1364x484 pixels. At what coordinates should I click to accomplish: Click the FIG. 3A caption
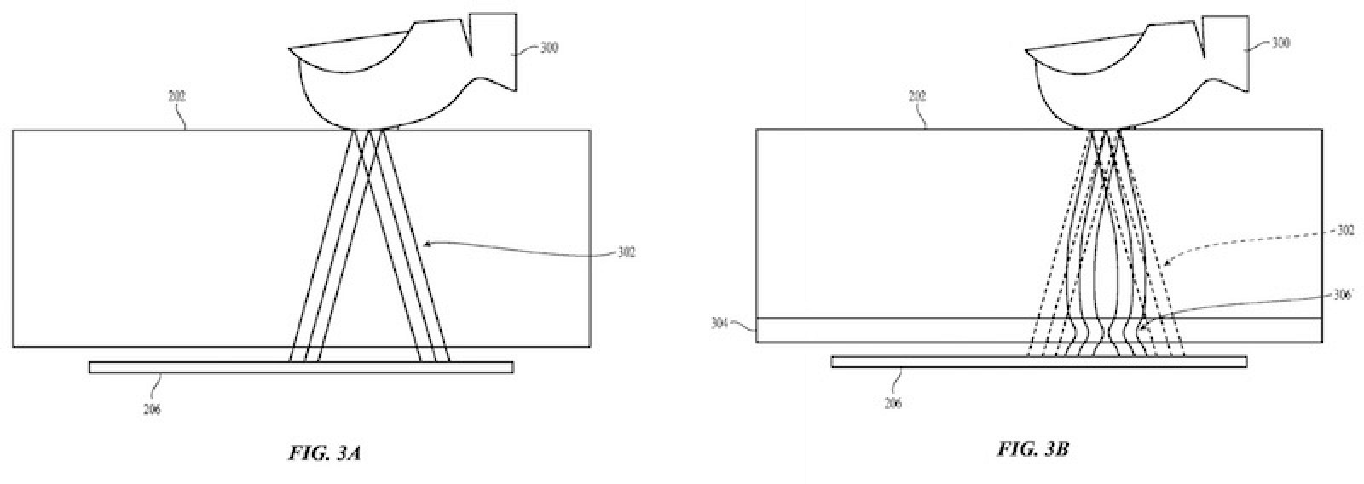326,453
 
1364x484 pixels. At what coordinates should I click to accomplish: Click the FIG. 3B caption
1032,449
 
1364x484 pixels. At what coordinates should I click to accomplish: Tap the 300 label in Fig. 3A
549,49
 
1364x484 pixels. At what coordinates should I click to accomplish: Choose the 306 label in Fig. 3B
1344,296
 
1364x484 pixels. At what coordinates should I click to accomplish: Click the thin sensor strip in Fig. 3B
938,362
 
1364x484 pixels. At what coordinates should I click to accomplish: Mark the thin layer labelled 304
852,331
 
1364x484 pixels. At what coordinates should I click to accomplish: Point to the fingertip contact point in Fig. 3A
368,130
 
